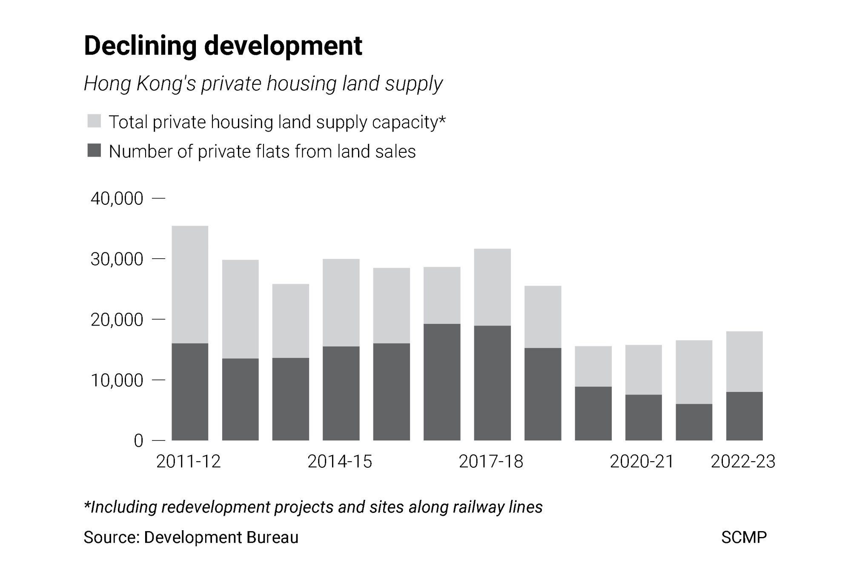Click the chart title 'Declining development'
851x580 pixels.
point(223,46)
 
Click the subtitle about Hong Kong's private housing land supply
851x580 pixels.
point(263,83)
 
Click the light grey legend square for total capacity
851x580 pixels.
point(94,121)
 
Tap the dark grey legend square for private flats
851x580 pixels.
point(94,151)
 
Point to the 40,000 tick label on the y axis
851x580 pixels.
point(117,199)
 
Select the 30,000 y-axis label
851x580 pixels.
point(117,259)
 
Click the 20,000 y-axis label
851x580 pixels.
point(117,320)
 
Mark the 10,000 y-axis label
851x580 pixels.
point(117,380)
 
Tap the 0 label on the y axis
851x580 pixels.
point(138,441)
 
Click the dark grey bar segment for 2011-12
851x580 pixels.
point(190,391)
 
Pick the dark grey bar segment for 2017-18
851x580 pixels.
point(492,383)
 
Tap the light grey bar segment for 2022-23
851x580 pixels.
point(744,361)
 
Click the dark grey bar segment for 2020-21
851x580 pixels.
point(643,417)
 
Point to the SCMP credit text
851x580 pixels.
point(744,537)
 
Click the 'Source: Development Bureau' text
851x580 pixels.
point(191,537)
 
